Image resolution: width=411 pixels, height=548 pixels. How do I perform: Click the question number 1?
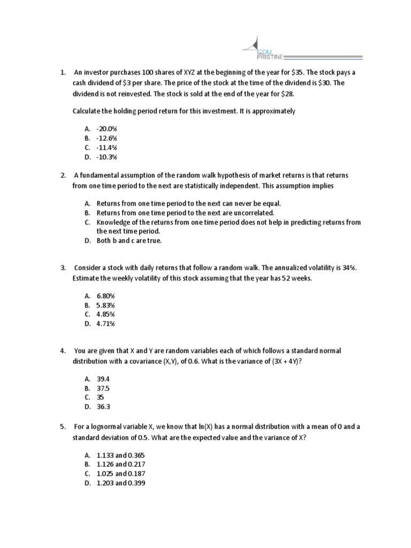click(63, 72)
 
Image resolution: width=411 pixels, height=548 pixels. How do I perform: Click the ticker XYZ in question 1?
click(191, 72)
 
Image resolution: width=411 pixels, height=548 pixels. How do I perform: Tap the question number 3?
click(63, 268)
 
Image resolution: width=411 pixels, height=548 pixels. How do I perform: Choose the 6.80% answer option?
click(105, 295)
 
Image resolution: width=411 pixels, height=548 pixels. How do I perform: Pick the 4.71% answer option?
click(105, 324)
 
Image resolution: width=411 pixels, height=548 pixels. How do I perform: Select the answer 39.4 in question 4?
click(103, 379)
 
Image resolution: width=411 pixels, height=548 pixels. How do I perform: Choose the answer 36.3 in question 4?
click(103, 407)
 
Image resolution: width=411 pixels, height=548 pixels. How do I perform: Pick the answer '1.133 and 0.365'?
click(120, 455)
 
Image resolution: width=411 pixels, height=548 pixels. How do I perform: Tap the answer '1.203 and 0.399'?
click(120, 483)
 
